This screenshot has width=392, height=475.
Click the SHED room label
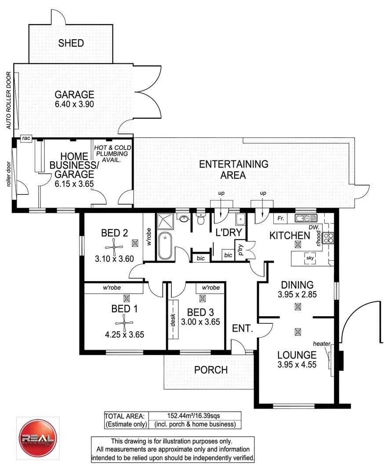(x=71, y=43)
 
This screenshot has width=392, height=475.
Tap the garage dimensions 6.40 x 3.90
(x=74, y=104)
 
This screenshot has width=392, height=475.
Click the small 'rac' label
(x=26, y=139)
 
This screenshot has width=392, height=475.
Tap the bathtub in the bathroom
(x=166, y=245)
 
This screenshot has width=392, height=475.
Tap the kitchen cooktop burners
(x=328, y=238)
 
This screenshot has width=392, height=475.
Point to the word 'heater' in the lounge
(x=321, y=343)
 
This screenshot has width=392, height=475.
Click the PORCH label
(x=211, y=370)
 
